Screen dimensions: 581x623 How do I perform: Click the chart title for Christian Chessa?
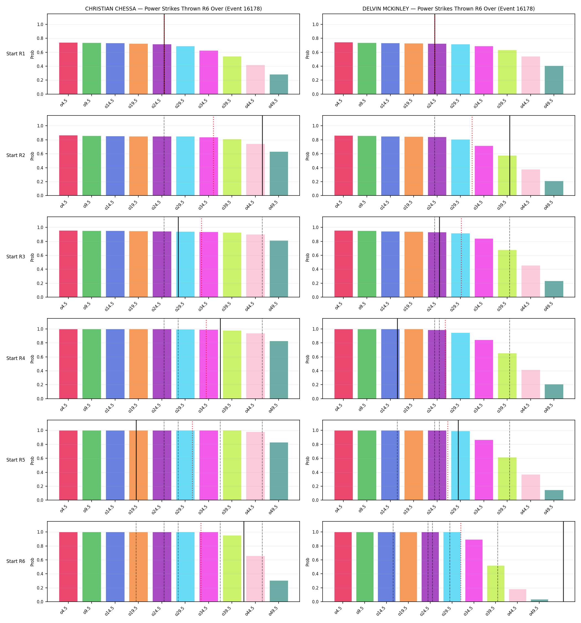click(173, 9)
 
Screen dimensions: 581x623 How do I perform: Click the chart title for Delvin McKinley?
click(448, 9)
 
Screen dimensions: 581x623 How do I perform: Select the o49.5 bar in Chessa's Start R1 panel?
click(279, 84)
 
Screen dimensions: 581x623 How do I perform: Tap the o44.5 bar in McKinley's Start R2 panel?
click(531, 182)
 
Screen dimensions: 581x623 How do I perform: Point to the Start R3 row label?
click(16, 257)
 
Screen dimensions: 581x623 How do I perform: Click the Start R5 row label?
click(16, 460)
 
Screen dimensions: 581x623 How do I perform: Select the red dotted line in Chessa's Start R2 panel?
click(214, 156)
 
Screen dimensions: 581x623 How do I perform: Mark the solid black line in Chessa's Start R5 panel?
click(136, 460)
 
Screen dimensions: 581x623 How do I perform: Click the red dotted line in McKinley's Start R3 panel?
click(461, 257)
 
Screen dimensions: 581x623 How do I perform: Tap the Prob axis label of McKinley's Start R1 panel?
click(308, 54)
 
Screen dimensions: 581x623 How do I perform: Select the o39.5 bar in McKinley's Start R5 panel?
click(507, 479)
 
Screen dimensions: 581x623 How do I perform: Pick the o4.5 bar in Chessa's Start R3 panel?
click(68, 264)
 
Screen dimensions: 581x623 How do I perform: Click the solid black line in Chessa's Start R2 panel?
click(263, 155)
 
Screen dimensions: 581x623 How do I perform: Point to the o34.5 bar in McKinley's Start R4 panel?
click(484, 369)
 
